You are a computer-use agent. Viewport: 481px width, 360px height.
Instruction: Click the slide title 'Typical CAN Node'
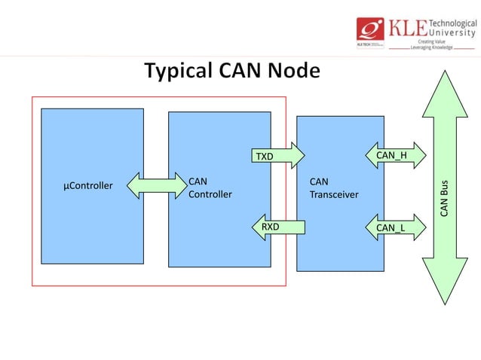coord(231,72)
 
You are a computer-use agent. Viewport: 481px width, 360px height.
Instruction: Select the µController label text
coord(88,185)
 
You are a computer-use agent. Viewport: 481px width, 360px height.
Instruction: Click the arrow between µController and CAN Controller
coord(156,185)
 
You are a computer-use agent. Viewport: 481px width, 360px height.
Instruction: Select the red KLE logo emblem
coord(372,30)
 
